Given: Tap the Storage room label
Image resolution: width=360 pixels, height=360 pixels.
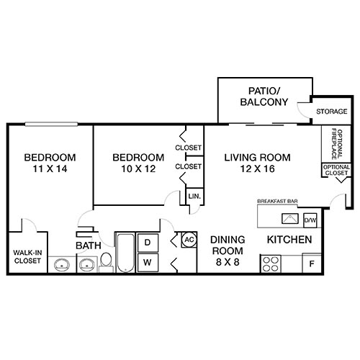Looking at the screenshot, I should [332, 112].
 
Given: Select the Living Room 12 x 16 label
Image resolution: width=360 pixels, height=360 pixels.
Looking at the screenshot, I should [256, 163].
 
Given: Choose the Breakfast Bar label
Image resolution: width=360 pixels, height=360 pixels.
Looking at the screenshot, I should [277, 201].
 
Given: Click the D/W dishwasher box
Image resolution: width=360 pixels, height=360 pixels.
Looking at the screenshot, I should [310, 220].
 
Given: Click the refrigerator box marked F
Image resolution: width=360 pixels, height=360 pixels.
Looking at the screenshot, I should [312, 264].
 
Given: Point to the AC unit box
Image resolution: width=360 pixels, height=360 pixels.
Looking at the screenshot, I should [189, 239].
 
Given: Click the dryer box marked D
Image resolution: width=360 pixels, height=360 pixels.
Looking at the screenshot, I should [147, 243].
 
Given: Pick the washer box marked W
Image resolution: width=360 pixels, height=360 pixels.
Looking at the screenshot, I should [147, 263].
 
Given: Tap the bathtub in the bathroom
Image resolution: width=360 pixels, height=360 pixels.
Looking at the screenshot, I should [125, 253].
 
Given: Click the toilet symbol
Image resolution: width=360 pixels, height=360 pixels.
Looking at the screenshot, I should [105, 261].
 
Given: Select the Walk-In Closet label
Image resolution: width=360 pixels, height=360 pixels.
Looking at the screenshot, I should [28, 256].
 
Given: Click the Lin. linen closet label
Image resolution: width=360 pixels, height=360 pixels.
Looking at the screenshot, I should [194, 196].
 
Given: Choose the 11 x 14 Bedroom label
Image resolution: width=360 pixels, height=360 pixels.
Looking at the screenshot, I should [50, 163].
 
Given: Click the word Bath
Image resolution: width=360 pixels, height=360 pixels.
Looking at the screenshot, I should [88, 246].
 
